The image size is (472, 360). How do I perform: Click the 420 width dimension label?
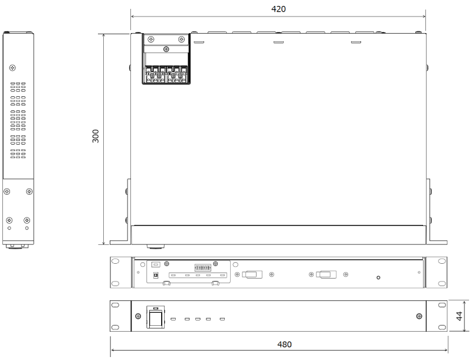(x=278, y=9)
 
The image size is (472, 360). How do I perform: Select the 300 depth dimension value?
(x=96, y=136)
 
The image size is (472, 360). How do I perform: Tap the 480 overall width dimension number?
(x=284, y=344)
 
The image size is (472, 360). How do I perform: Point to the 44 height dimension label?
(x=459, y=316)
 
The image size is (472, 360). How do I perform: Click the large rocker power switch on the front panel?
(x=156, y=318)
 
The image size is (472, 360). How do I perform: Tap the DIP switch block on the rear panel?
(x=202, y=267)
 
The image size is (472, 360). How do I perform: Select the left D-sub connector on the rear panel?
(x=253, y=274)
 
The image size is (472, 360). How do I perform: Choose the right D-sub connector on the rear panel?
(x=326, y=274)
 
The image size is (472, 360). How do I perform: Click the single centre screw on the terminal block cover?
(x=166, y=49)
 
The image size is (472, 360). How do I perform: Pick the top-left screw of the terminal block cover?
(x=151, y=40)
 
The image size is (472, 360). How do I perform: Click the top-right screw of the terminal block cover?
(x=182, y=40)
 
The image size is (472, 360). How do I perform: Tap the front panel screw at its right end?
(x=419, y=316)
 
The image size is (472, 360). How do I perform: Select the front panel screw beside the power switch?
(x=138, y=316)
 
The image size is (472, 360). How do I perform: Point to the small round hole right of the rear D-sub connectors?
(x=378, y=277)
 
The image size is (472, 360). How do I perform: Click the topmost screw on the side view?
(x=12, y=68)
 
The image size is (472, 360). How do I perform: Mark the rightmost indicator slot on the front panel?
(x=222, y=319)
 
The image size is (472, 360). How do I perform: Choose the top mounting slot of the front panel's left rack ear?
(x=115, y=305)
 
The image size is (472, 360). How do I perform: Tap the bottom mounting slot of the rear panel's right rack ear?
(x=442, y=283)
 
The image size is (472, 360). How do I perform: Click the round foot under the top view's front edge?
(x=156, y=247)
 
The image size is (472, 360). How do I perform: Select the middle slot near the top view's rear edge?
(x=278, y=42)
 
